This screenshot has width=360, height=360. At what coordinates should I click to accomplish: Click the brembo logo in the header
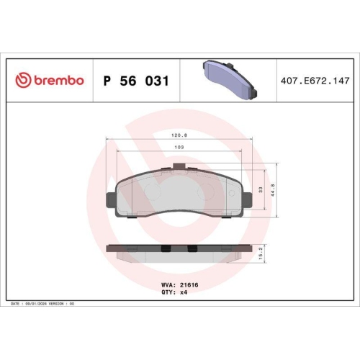pyautogui.click(x=50, y=81)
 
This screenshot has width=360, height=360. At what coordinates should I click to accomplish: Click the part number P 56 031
pyautogui.click(x=137, y=81)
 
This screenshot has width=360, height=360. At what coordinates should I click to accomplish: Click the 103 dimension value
pyautogui.click(x=178, y=147)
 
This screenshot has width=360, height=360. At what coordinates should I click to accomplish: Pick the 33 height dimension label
pyautogui.click(x=260, y=189)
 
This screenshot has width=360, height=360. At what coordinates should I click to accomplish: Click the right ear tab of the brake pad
pyautogui.click(x=248, y=199)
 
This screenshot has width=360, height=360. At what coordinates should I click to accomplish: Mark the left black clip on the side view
pyautogui.click(x=165, y=250)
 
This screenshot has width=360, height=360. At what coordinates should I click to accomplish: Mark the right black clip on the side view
pyautogui.click(x=192, y=250)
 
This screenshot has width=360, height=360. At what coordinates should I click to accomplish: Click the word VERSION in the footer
pyautogui.click(x=63, y=305)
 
